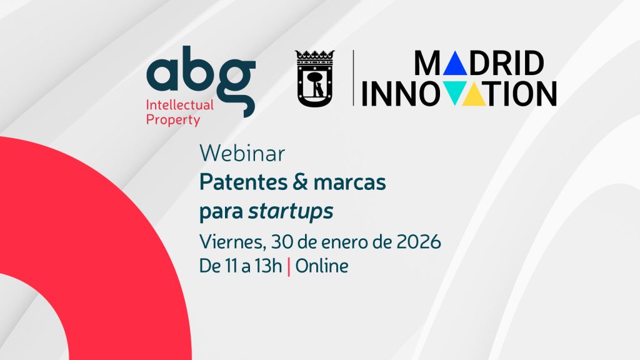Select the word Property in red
click(173, 119)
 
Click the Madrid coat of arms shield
click(314, 89)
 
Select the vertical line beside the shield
click(354, 77)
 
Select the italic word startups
click(291, 212)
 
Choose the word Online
click(322, 266)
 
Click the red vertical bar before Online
click(289, 266)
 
